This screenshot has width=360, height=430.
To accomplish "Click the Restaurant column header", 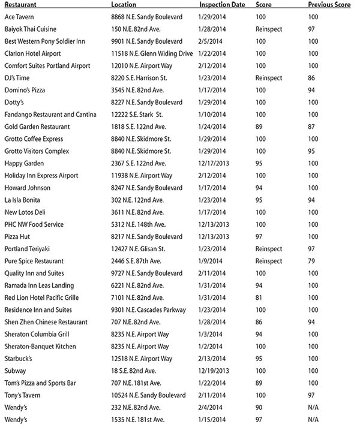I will click(20, 4).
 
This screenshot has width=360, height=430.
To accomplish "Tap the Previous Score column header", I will click(329, 4).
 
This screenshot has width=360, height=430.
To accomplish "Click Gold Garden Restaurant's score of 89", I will click(259, 127).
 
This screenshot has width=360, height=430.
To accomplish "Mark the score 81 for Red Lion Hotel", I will click(259, 297).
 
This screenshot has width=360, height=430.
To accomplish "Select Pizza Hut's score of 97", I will click(259, 236).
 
